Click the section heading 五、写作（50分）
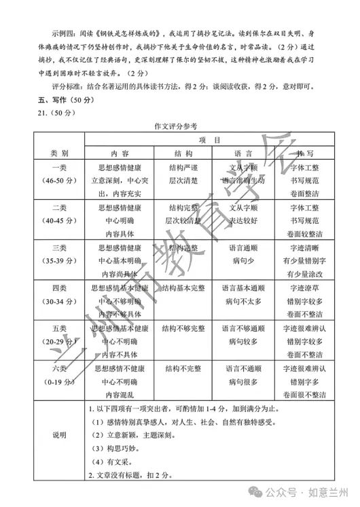pyautogui.click(x=46, y=99)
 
